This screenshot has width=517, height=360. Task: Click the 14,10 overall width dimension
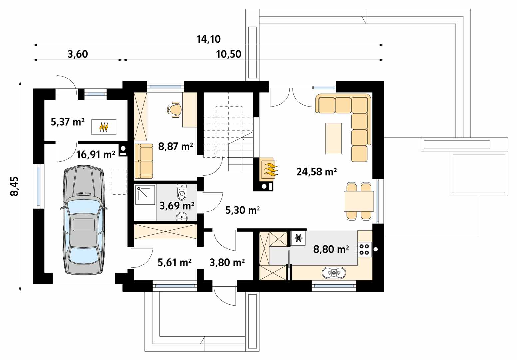tap(209, 39)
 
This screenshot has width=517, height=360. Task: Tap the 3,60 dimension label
tap(78, 54)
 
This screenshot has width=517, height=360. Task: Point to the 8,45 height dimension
tap(14, 186)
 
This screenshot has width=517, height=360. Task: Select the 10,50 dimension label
tap(229, 54)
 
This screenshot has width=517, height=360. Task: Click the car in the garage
tap(84, 220)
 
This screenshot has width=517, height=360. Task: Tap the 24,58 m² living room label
tap(317, 172)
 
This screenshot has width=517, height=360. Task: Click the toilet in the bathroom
tap(182, 192)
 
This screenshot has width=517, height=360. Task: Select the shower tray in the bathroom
tap(145, 195)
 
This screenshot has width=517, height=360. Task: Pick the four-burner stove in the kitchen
tap(365, 249)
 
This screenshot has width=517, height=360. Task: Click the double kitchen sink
tap(334, 273)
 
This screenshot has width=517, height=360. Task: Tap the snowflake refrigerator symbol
tap(299, 238)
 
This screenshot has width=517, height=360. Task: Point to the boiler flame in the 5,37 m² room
tap(104, 127)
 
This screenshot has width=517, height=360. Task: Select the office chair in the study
tap(174, 110)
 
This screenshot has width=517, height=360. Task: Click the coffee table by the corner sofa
tap(333, 138)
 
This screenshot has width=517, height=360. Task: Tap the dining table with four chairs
tap(359, 201)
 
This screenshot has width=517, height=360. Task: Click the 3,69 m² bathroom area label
tap(177, 206)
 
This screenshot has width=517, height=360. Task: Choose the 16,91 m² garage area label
tap(96, 154)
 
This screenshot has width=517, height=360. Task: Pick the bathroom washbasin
tap(182, 217)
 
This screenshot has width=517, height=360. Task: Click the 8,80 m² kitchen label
tap(331, 249)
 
